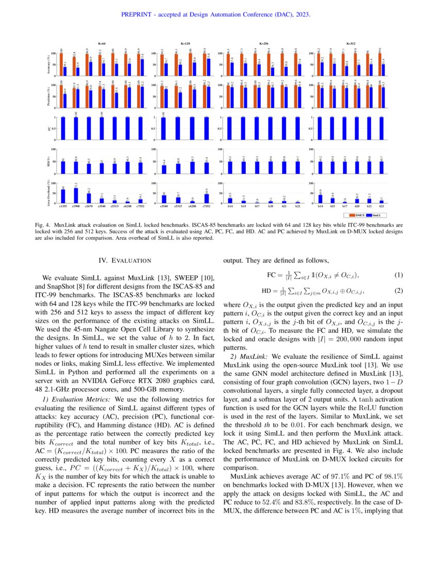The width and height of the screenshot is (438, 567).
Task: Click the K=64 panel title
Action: point(102,44)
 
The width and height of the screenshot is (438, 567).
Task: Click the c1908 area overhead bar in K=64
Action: point(76,195)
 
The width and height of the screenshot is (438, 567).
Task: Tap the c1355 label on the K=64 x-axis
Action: point(63,206)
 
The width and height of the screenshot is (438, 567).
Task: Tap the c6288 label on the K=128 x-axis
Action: point(192,206)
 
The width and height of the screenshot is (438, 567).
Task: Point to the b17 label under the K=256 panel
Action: point(257,206)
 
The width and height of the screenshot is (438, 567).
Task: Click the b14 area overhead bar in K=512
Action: point(321,198)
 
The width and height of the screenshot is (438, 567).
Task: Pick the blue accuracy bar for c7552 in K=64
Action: point(142,66)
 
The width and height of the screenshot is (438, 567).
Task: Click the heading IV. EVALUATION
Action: point(120,261)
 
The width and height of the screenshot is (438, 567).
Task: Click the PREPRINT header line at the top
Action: point(215,15)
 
